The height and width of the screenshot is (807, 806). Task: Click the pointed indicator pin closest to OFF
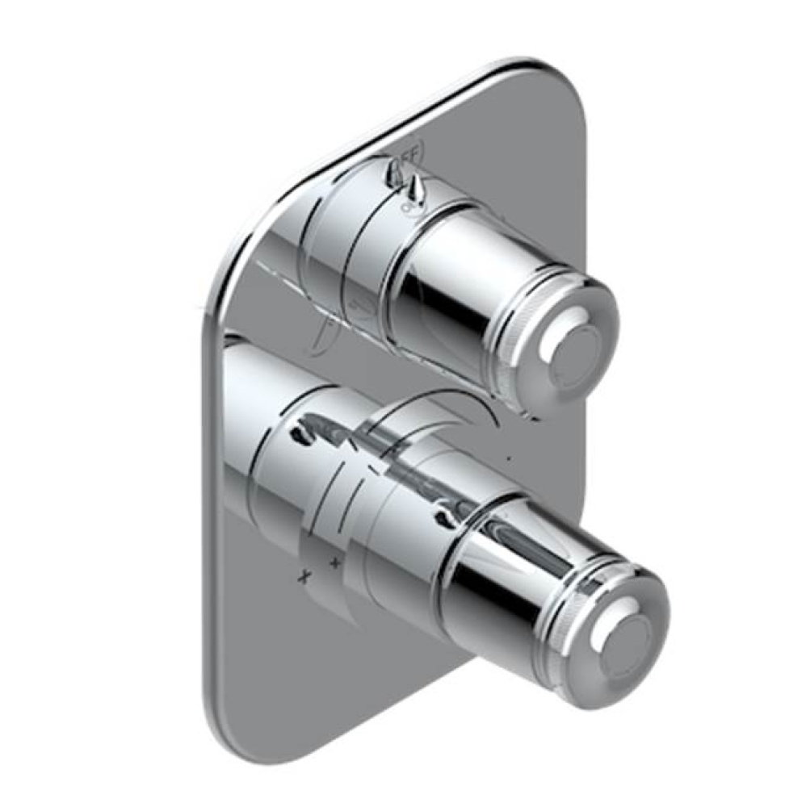click(x=416, y=190)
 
